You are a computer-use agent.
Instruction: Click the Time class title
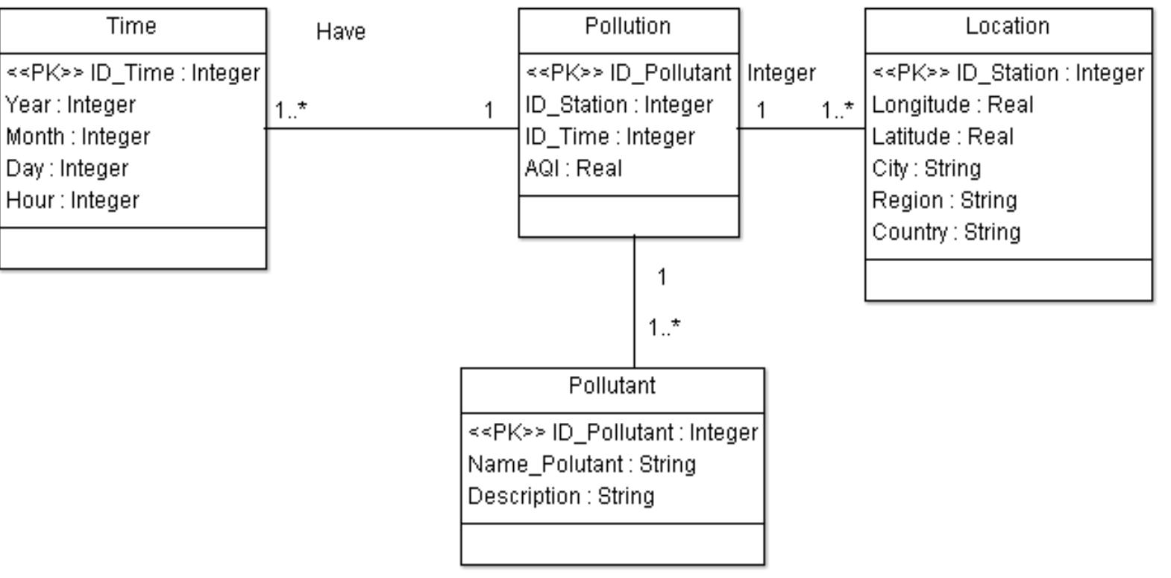[132, 27]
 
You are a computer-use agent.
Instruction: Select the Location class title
[1007, 27]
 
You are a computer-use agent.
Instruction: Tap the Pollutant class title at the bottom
[612, 386]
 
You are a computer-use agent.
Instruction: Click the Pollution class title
[627, 27]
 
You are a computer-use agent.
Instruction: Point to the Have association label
[341, 32]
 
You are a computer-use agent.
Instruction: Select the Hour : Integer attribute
[72, 201]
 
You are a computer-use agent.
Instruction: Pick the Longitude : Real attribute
[952, 105]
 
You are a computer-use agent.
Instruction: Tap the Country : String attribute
[946, 232]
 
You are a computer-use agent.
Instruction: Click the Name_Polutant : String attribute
[582, 465]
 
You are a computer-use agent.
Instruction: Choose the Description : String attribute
[561, 497]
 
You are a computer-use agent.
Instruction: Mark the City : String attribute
[926, 169]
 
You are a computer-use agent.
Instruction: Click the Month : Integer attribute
[78, 137]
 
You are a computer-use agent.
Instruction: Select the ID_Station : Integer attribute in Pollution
[618, 105]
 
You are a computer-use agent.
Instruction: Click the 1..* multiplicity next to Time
[291, 110]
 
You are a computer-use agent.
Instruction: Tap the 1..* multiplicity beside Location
[837, 110]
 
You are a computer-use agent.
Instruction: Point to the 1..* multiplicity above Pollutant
[664, 327]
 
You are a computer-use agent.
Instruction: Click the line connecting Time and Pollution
[392, 128]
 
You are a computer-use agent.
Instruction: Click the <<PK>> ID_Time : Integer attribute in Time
[133, 73]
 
